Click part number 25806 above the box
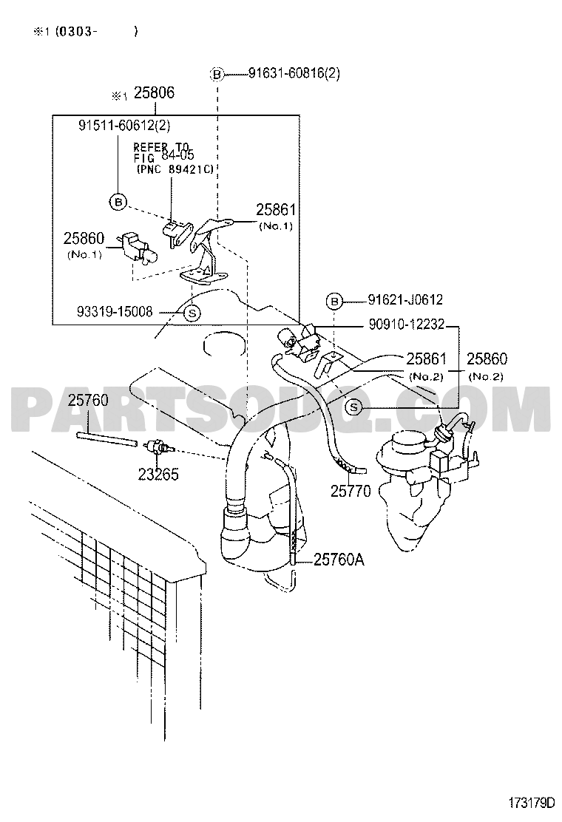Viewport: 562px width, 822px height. click(x=154, y=93)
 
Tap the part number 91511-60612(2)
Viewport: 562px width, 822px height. click(x=124, y=125)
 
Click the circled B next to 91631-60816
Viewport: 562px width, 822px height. click(x=217, y=75)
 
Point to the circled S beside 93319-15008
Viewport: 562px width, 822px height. click(x=192, y=313)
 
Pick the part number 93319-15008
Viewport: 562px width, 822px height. click(x=115, y=313)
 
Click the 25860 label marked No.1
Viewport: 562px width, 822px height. click(x=84, y=239)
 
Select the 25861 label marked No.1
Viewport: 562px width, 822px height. click(x=276, y=210)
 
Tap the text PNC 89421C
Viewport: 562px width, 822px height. click(x=175, y=169)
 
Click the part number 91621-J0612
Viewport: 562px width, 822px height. click(x=405, y=299)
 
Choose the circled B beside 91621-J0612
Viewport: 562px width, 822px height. click(x=334, y=302)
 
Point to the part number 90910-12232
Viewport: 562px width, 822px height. click(x=406, y=325)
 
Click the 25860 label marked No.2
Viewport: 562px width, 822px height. click(x=487, y=359)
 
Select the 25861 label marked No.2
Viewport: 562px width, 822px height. click(x=426, y=359)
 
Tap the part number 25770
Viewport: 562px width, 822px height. click(x=351, y=492)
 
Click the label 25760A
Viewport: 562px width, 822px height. click(x=339, y=560)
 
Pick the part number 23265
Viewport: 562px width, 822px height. click(x=158, y=475)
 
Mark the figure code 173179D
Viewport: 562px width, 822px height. click(x=531, y=803)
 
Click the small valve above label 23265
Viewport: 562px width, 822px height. click(x=159, y=447)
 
